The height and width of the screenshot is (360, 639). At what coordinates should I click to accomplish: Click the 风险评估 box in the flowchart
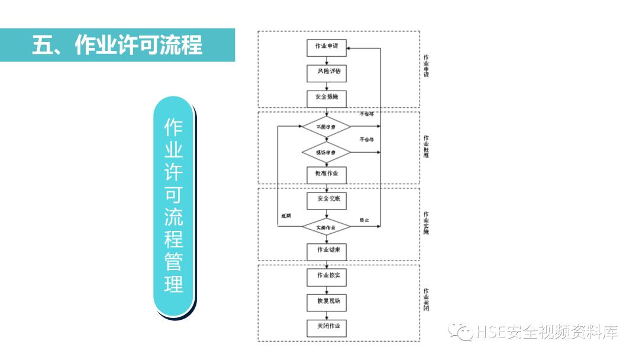327,72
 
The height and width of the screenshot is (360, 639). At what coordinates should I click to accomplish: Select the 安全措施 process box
327,98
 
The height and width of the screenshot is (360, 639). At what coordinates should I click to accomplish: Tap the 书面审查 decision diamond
326,127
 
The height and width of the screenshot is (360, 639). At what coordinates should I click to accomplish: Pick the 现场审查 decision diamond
326,152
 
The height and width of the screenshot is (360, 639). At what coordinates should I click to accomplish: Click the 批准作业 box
327,175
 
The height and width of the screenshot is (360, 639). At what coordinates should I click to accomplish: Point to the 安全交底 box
327,201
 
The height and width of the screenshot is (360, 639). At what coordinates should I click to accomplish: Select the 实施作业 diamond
326,227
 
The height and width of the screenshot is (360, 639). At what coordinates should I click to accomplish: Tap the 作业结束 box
327,251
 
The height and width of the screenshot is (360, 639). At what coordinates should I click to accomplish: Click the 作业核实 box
327,276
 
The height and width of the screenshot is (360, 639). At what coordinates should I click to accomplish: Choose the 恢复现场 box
327,301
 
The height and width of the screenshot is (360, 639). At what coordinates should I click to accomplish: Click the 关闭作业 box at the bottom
327,327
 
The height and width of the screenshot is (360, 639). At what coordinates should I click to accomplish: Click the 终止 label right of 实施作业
364,220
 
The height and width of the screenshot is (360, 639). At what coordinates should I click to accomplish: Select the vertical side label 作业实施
426,223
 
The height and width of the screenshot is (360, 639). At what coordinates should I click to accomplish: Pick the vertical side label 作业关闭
426,300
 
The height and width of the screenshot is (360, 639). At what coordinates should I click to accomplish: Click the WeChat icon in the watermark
460,332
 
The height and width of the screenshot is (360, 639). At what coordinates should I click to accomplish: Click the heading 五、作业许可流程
117,45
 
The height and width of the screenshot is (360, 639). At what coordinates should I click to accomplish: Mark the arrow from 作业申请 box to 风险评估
327,60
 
